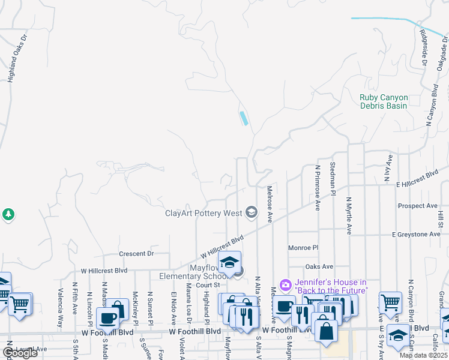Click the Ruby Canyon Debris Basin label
pyautogui.click(x=384, y=101)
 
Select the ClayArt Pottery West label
pyautogui.click(x=203, y=213)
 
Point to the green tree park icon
pyautogui.click(x=8, y=214)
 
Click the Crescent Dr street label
pyautogui.click(x=136, y=254)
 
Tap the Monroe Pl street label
pyautogui.click(x=303, y=247)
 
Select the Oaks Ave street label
pyautogui.click(x=319, y=266)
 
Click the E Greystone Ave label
pyautogui.click(x=416, y=234)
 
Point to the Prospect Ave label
pyautogui.click(x=417, y=206)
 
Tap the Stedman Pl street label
pyautogui.click(x=333, y=175)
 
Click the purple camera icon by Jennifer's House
pyautogui.click(x=286, y=284)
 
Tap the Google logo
pyautogui.click(x=19, y=353)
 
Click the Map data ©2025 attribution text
pyautogui.click(x=424, y=355)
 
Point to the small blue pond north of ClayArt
pyautogui.click(x=244, y=118)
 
